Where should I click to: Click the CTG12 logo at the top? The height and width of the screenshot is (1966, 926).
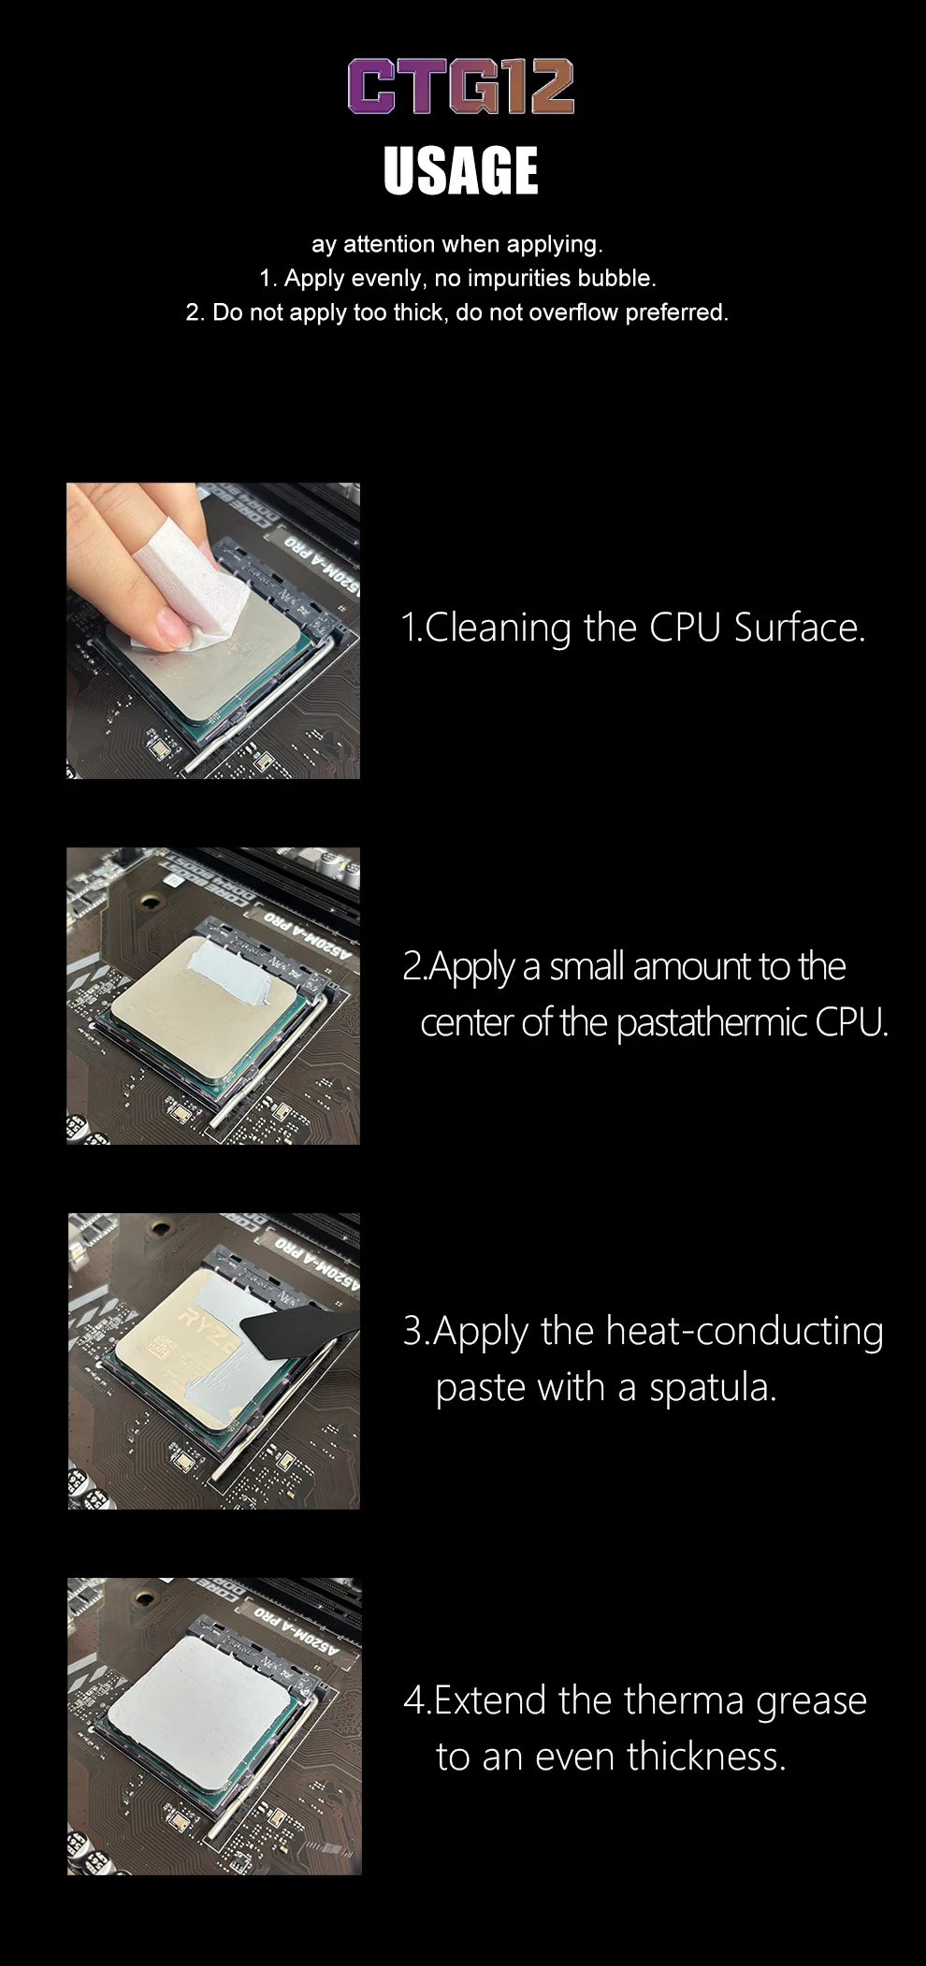pyautogui.click(x=461, y=86)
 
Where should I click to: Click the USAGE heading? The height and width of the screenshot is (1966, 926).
pyautogui.click(x=461, y=170)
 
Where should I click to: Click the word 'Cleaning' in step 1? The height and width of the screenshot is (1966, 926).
pyautogui.click(x=498, y=628)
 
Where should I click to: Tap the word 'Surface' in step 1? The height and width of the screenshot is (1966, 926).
pyautogui.click(x=799, y=628)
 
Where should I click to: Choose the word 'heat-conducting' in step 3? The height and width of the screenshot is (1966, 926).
pyautogui.click(x=745, y=1332)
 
